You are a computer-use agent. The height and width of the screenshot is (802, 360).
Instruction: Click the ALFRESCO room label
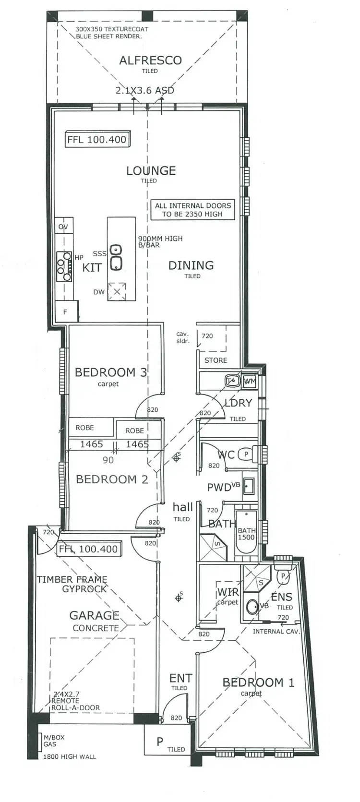[x=150, y=60]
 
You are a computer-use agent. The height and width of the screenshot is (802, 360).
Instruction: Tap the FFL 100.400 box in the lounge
[x=97, y=140]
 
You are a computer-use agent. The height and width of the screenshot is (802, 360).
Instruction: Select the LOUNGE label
[x=151, y=170]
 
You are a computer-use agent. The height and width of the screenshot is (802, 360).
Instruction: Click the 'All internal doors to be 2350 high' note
[x=192, y=210]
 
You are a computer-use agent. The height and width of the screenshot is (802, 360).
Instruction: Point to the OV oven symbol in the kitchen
[x=63, y=227]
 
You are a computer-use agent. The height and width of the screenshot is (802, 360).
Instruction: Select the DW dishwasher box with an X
[x=117, y=292]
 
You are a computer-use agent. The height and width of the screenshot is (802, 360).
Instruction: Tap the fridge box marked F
[x=65, y=312]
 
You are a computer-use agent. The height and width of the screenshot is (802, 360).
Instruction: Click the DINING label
[x=191, y=265]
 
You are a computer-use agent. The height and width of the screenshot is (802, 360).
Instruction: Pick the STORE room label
[x=216, y=360]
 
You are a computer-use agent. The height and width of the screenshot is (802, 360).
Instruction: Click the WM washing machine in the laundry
[x=250, y=381]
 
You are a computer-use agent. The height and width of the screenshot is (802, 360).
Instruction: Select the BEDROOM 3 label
[x=110, y=372]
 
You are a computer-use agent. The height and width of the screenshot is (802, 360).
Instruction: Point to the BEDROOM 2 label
[x=112, y=479]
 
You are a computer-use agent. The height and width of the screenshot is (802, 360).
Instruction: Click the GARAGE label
[x=94, y=615]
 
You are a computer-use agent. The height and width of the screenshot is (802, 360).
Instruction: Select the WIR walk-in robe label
[x=228, y=592]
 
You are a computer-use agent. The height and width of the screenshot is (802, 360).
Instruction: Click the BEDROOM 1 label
[x=258, y=682]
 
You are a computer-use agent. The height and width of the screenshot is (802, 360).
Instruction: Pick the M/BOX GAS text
[x=53, y=741]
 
